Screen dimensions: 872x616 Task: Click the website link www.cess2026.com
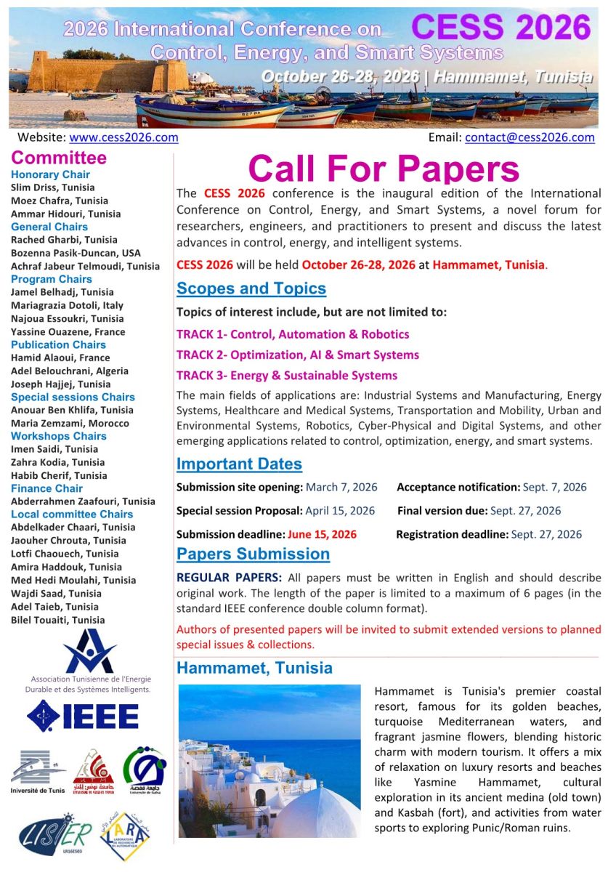click(x=123, y=137)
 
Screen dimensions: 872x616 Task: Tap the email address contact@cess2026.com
click(x=530, y=137)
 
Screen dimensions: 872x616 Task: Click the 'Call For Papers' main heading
click(x=384, y=169)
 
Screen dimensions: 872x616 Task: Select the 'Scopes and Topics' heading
click(x=251, y=288)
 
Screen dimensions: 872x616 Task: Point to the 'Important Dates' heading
click(x=239, y=464)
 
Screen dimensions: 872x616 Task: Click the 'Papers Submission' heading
click(x=253, y=554)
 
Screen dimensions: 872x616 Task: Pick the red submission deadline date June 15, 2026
click(x=322, y=534)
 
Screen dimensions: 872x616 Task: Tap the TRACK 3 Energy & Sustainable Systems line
click(x=287, y=376)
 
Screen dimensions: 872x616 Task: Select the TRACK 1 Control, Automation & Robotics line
click(x=293, y=334)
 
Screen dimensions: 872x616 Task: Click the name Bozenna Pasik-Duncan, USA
click(x=76, y=253)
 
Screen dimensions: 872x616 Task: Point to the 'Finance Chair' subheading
click(x=46, y=488)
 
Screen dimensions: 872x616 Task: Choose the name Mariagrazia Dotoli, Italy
click(x=68, y=305)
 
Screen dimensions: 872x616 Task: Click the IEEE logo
click(x=83, y=716)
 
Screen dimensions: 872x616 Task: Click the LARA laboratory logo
click(x=125, y=836)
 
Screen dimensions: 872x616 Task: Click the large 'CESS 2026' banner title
click(x=500, y=28)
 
